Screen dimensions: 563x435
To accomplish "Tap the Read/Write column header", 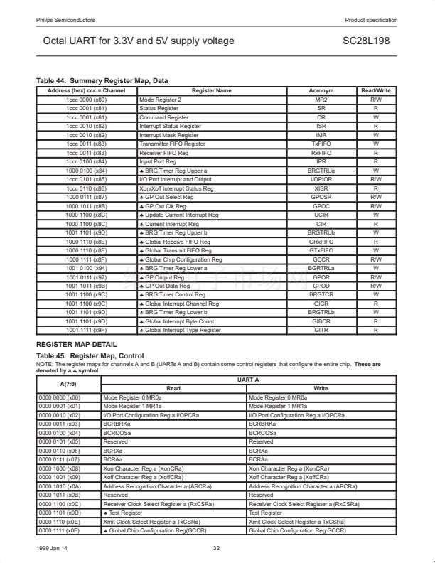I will pos(375,91).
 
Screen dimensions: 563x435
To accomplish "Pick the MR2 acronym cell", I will pos(321,100).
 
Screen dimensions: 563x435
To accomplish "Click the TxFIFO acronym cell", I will pos(321,144).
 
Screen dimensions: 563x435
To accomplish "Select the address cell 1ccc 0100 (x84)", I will pos(86,161).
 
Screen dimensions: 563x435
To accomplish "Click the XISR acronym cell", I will pos(321,188).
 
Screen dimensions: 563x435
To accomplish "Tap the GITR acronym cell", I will pos(321,330).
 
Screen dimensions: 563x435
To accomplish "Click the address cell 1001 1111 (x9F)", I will pos(86,330).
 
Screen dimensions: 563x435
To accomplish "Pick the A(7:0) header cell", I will pos(69,385).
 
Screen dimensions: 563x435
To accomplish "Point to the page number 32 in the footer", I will pos(217,548).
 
